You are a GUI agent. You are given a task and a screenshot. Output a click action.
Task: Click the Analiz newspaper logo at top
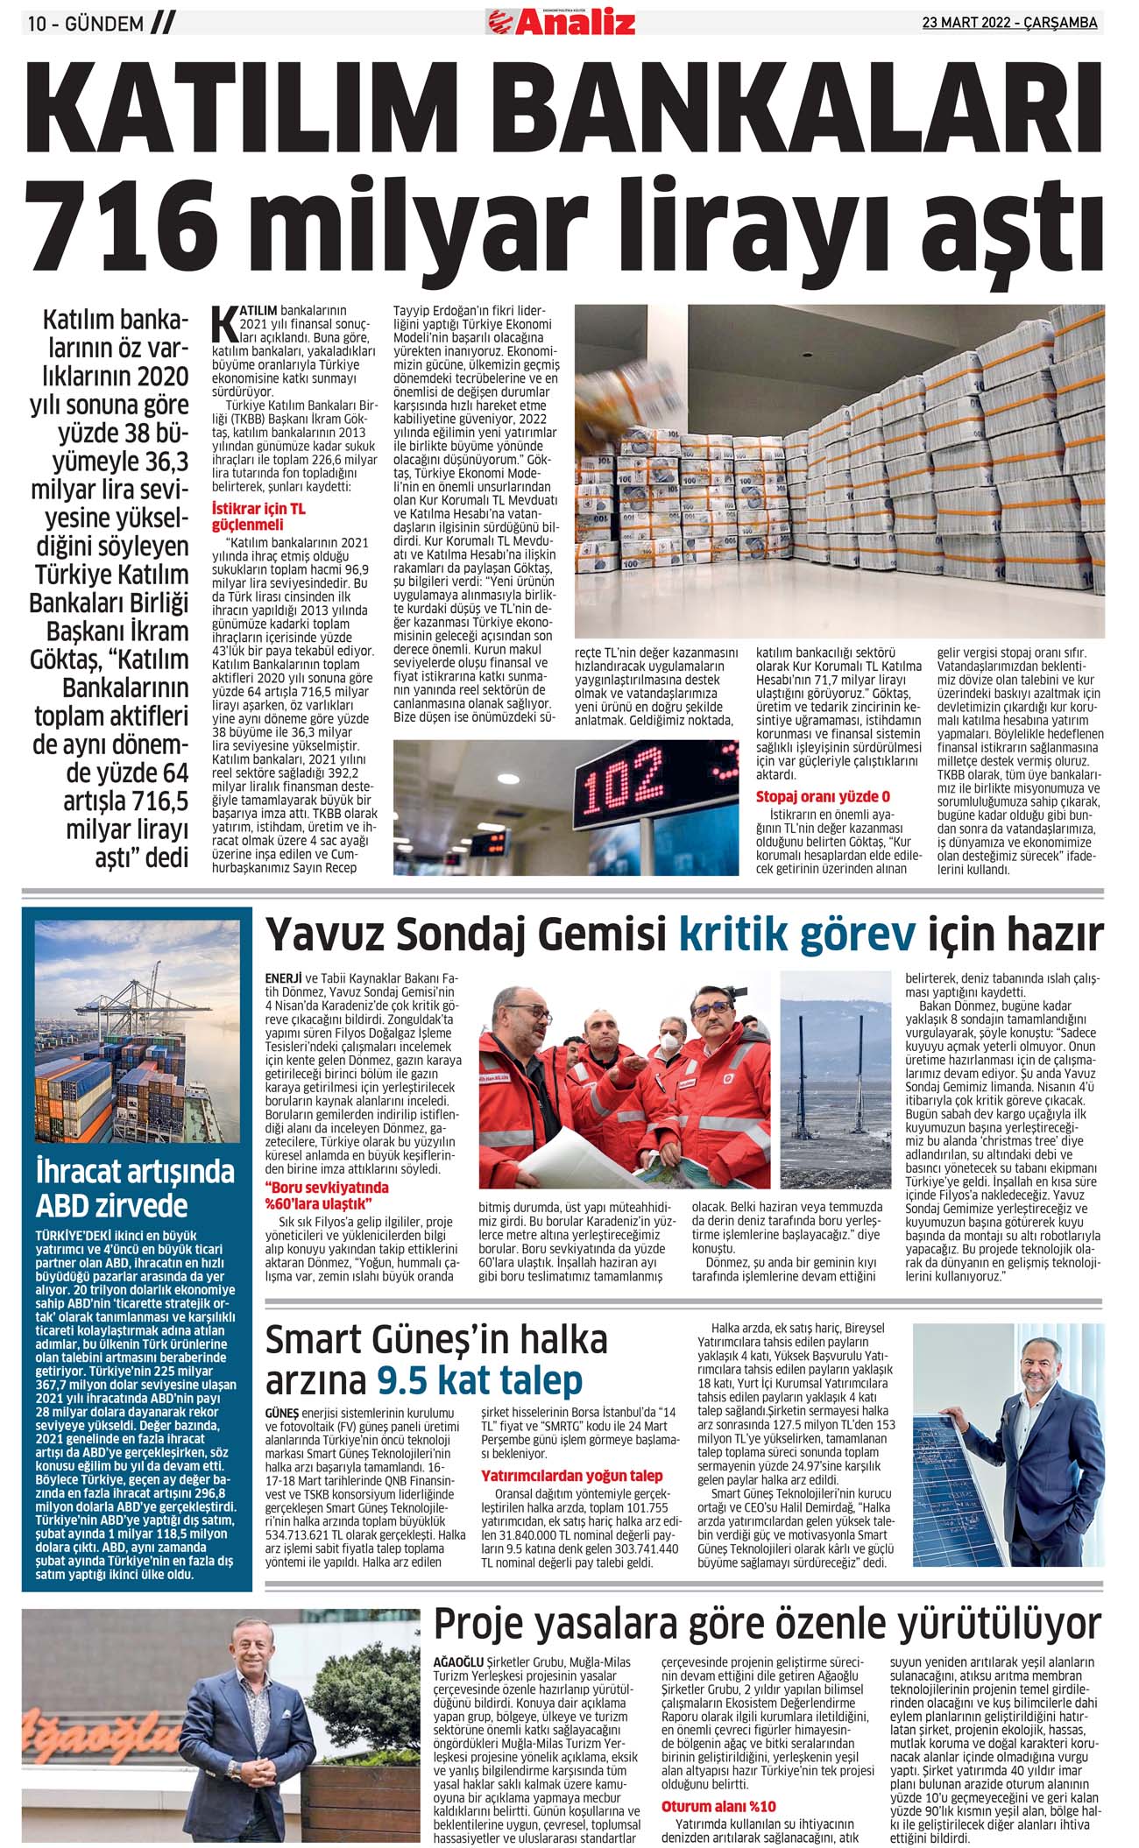[562, 21]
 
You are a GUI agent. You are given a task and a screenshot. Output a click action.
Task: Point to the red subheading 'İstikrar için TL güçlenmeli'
[258, 516]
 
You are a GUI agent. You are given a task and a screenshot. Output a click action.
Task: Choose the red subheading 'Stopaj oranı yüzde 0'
[823, 797]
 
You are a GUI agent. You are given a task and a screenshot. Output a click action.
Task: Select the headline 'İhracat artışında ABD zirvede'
[136, 1189]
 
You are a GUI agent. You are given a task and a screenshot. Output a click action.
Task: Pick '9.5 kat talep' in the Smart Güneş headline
[479, 1380]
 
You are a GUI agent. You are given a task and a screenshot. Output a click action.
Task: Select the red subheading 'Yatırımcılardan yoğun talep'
[571, 1476]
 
